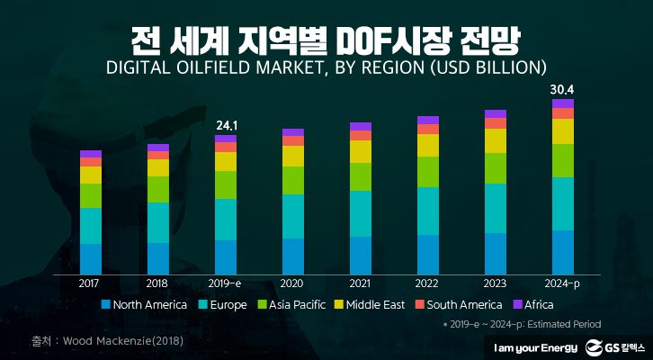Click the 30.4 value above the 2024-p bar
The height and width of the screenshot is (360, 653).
tap(563, 90)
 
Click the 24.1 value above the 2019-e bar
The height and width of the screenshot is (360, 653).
tap(226, 125)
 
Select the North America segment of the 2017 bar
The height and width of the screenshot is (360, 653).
tap(91, 257)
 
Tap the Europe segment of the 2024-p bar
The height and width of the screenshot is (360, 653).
tap(563, 203)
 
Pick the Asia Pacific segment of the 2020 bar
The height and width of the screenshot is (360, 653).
tap(293, 180)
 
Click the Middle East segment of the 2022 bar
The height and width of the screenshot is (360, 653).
tap(428, 145)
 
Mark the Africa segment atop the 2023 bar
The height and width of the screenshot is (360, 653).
tap(496, 114)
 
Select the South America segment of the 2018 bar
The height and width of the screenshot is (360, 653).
tap(158, 155)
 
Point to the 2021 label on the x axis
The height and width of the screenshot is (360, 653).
tap(361, 283)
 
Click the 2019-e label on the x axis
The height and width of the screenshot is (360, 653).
tap(226, 283)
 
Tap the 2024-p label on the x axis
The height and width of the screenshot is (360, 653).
tap(563, 283)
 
